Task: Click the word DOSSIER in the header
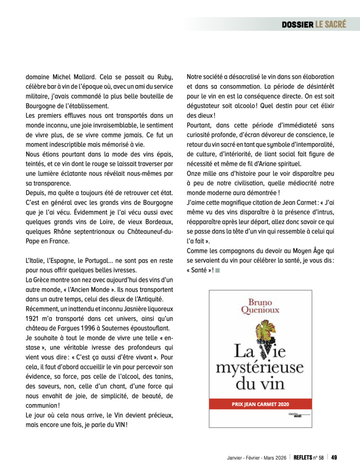tap(297, 24)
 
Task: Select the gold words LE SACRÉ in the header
tap(331, 24)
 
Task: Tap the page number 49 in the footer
tap(335, 457)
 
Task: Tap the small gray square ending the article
tap(217, 270)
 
